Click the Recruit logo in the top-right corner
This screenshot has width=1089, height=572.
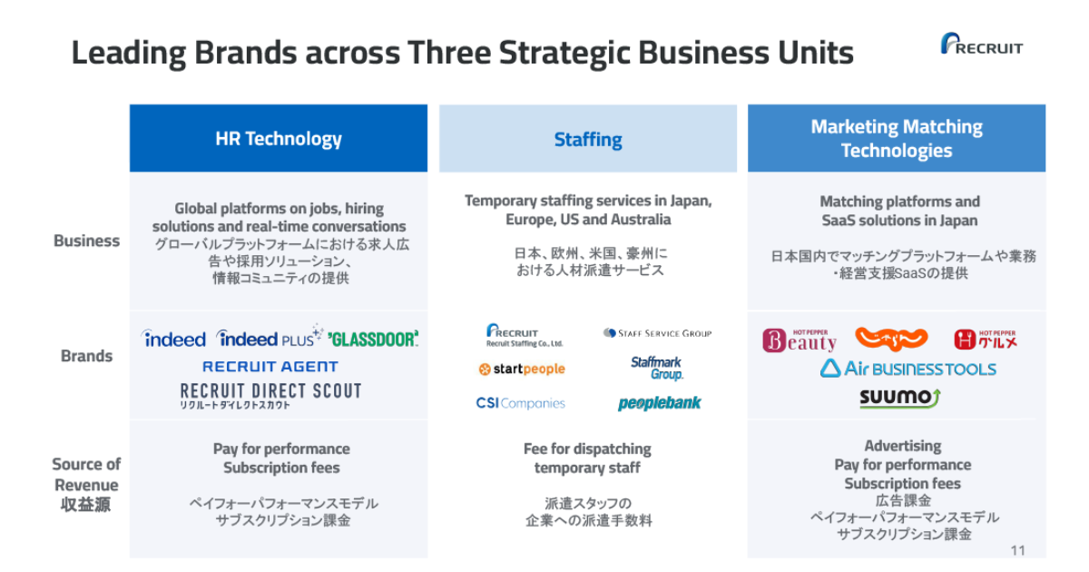(x=982, y=44)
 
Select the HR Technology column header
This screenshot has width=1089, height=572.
(x=279, y=138)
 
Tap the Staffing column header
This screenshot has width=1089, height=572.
(x=588, y=139)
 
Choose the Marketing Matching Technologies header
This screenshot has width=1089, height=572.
(x=897, y=138)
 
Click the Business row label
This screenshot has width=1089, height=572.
(x=86, y=241)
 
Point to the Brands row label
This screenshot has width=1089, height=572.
(x=86, y=356)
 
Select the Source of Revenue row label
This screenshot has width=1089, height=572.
(x=86, y=485)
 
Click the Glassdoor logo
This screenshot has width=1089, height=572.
(x=373, y=339)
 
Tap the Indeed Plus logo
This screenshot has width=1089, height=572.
(x=270, y=337)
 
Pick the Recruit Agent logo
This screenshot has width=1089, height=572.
(x=270, y=366)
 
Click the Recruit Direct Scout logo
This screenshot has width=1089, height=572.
(x=270, y=396)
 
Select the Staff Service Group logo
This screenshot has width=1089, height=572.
(x=657, y=333)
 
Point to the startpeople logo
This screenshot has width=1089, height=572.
(x=522, y=370)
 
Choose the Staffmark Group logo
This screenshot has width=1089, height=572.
(x=657, y=369)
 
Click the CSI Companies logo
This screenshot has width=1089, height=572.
(x=520, y=403)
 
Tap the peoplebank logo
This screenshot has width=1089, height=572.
(x=659, y=403)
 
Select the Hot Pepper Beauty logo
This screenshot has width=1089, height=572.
(x=800, y=340)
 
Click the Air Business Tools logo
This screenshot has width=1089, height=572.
(x=908, y=369)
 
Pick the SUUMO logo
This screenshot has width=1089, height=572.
(x=900, y=399)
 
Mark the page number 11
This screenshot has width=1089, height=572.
(x=1017, y=550)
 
